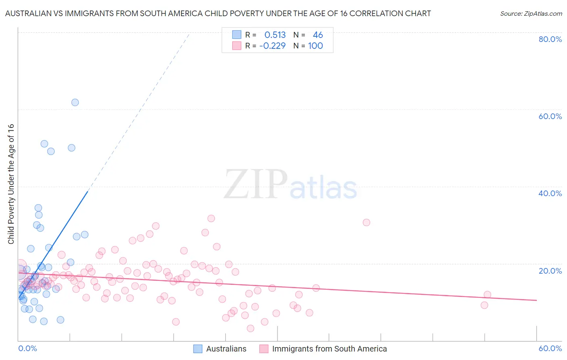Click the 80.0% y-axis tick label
pos(550,39)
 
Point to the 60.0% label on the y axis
pos(550,116)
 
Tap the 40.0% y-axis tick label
pos(550,193)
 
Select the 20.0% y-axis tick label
pos(550,270)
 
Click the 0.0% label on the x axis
pos(27,348)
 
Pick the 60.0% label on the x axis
pos(550,348)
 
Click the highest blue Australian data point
pos(75,103)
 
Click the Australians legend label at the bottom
pos(226,349)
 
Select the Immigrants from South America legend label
pos(329,349)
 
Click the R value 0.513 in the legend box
pos(275,35)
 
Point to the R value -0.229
pos(272,46)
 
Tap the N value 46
pos(318,35)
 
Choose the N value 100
pos(315,46)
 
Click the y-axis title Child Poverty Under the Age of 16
pos(11,184)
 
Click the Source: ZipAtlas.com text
pos(531,14)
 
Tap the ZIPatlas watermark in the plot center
pos(290,185)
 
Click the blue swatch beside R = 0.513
pos(237,35)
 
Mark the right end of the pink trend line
pos(536,300)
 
